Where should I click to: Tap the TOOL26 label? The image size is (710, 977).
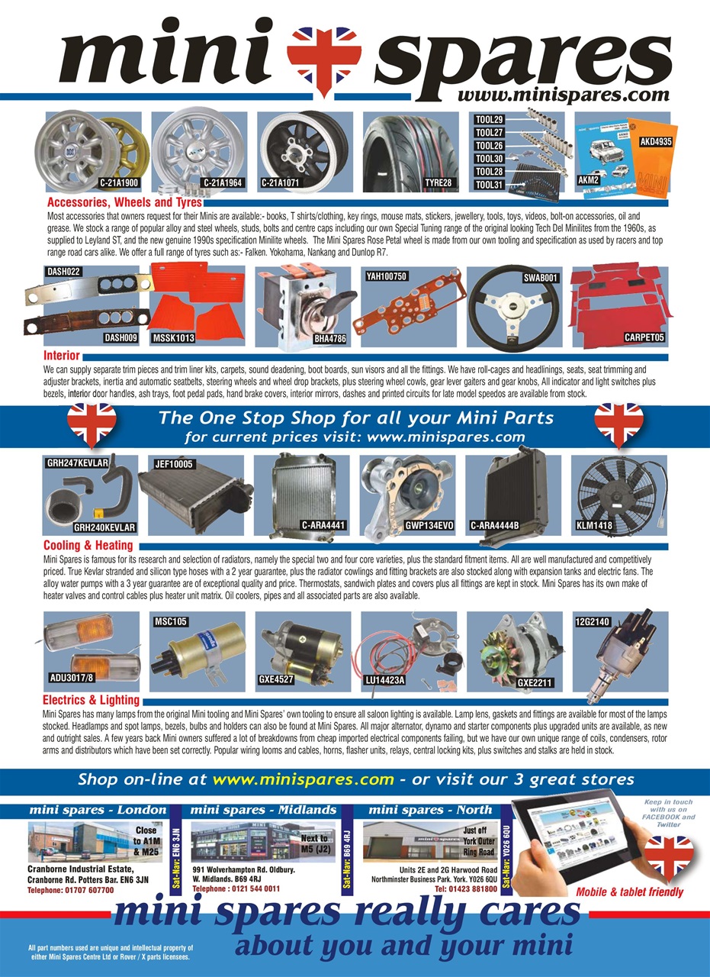click(489, 146)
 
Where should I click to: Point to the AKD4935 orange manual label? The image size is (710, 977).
click(656, 141)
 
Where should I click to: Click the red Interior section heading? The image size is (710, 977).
click(62, 356)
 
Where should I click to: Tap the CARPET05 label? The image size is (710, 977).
click(644, 337)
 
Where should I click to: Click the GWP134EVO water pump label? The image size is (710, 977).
click(430, 526)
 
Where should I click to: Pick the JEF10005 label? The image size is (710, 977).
click(174, 463)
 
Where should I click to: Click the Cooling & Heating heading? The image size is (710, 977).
click(88, 546)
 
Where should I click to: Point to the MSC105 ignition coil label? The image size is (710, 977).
click(171, 622)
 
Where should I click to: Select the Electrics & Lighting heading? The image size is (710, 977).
click(91, 700)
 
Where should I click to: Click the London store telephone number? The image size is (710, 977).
click(62, 890)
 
